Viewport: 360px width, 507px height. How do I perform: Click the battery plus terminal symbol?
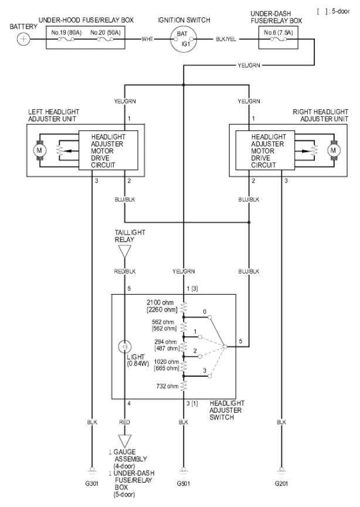tap(23, 39)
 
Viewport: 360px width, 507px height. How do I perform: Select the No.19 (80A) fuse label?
tap(66, 33)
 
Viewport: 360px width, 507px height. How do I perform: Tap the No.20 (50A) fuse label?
tap(106, 33)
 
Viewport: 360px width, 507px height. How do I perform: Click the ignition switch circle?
tap(184, 39)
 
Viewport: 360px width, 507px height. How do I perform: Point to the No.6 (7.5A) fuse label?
tap(279, 32)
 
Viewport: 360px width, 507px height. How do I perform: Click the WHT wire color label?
tap(147, 39)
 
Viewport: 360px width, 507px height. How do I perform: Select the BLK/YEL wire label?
tap(226, 39)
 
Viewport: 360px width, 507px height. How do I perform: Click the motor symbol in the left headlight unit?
tap(39, 150)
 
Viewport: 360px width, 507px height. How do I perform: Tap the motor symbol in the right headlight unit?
tap(333, 150)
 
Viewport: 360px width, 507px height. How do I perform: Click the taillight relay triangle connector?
tap(125, 251)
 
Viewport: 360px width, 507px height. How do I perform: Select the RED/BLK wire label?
tap(125, 271)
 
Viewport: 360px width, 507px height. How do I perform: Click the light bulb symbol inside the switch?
tap(125, 347)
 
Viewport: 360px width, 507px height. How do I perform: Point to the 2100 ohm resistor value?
tap(160, 303)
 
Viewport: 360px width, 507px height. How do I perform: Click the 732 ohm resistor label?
tap(168, 386)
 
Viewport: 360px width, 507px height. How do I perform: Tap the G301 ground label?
tap(92, 484)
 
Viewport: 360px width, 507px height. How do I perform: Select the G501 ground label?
tap(184, 484)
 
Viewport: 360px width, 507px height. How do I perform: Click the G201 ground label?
tap(281, 484)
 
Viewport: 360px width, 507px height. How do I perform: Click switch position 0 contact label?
tap(205, 312)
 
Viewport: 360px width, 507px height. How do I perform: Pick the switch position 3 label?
tap(205, 370)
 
